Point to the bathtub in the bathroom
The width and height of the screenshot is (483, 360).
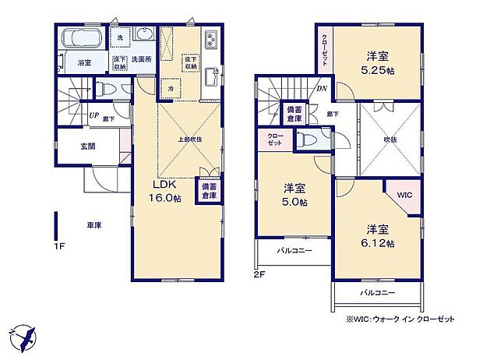click(x=79, y=37)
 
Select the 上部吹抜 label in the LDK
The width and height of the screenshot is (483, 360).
click(x=189, y=139)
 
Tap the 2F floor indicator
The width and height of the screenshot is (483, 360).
click(x=260, y=274)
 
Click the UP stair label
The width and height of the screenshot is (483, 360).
click(x=93, y=116)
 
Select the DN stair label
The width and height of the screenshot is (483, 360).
click(x=322, y=89)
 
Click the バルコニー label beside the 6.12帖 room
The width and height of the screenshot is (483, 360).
click(x=377, y=294)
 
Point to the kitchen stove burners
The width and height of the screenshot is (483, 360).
click(x=212, y=41)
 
